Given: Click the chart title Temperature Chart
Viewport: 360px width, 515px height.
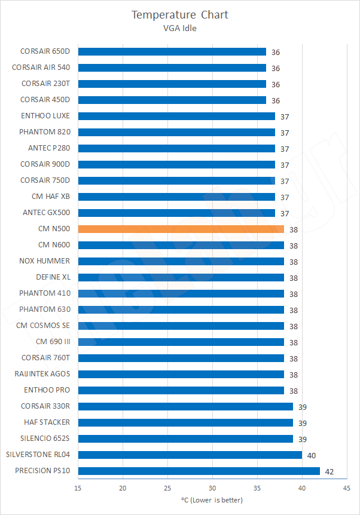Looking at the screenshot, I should coord(180,14).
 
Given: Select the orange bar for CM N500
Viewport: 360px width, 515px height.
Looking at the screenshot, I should coord(181,229).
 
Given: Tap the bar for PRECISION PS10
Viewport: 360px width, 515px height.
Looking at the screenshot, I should coord(199,471).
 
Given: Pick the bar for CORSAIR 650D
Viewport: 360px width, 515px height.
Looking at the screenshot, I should coord(172,52).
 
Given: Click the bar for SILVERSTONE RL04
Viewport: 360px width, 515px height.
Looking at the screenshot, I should coord(190,455).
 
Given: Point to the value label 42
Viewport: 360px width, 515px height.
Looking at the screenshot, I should coord(329,471).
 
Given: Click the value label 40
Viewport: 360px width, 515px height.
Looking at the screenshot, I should coord(311,455).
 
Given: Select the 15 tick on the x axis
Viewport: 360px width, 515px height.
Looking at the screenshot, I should coord(78,488).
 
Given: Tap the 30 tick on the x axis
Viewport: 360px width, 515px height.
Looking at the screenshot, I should coord(212,488).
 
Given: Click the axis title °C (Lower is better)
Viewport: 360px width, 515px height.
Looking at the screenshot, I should coord(212,499).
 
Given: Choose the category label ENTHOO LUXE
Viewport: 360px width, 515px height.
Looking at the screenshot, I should coord(45,116).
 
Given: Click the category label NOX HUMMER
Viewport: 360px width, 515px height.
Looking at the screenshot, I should coord(44,261).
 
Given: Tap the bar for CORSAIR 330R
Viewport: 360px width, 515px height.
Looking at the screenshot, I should coord(185,406).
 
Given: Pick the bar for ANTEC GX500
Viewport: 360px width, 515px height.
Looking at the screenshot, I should coord(176,213).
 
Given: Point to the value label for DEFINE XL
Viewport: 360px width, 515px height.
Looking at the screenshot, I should coord(293,278).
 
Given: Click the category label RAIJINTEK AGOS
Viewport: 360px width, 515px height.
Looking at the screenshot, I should coord(42,374).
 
